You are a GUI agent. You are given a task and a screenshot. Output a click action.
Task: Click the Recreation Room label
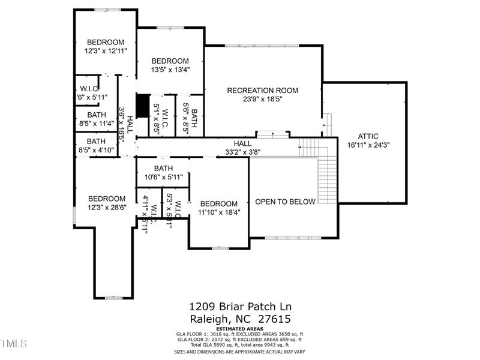pos(262,91)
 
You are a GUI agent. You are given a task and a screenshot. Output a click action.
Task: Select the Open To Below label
pos(285,202)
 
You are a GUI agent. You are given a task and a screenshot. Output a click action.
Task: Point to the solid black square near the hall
pos(142,106)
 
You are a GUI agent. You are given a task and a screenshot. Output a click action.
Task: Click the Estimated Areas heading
pos(240,329)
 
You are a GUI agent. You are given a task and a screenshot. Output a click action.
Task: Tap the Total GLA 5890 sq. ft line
pos(240,345)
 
